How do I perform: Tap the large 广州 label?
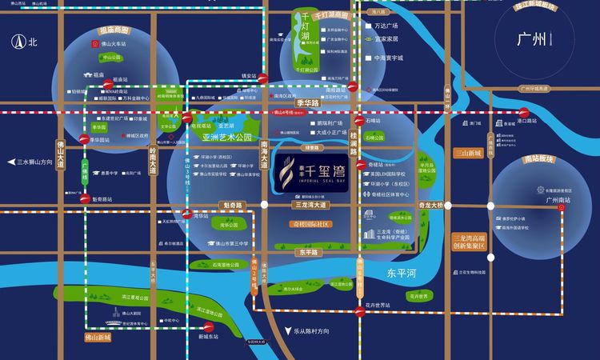[x=532, y=38]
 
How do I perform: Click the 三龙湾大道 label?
[x=308, y=206]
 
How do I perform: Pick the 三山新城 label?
[x=467, y=152]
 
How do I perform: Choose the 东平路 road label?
[x=309, y=252]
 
